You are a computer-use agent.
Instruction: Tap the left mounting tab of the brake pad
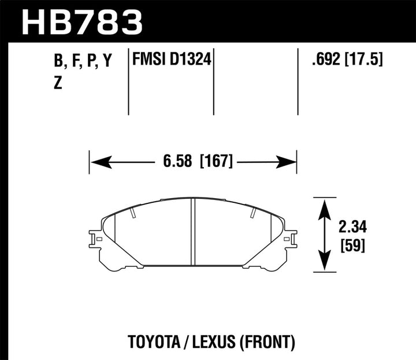[94, 238]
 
